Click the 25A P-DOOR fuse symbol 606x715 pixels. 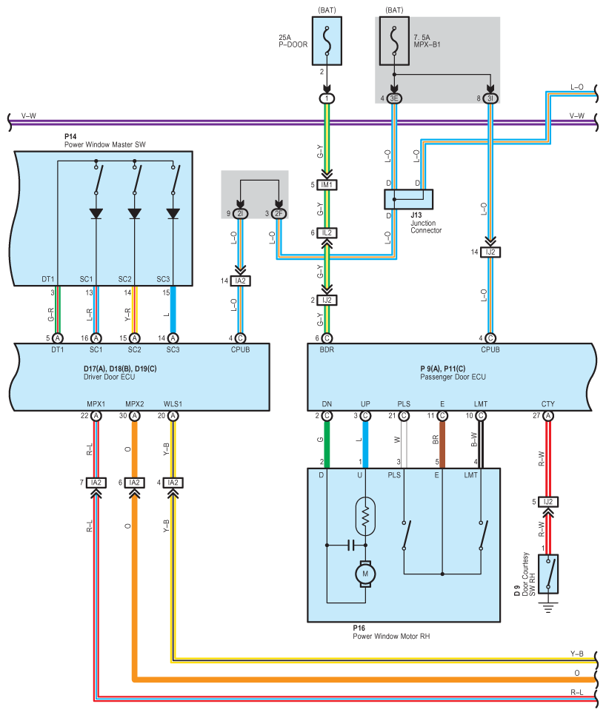pos(327,42)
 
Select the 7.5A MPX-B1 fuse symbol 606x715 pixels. pos(394,42)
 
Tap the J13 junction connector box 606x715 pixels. pos(408,199)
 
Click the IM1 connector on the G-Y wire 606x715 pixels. pos(327,184)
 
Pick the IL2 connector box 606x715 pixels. pos(327,232)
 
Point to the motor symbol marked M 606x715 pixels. pos(364,574)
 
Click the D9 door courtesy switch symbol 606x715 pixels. pos(548,574)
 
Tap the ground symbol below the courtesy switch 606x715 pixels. pos(548,608)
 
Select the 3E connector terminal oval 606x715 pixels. pos(394,98)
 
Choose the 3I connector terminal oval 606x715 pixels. pos(490,98)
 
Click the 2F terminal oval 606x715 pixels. pos(279,214)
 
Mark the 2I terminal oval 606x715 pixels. pos(240,214)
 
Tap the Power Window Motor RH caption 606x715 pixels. pos(391,636)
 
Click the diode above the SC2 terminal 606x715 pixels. pos(134,213)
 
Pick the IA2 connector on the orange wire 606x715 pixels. pos(134,483)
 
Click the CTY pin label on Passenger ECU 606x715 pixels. pos(548,403)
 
